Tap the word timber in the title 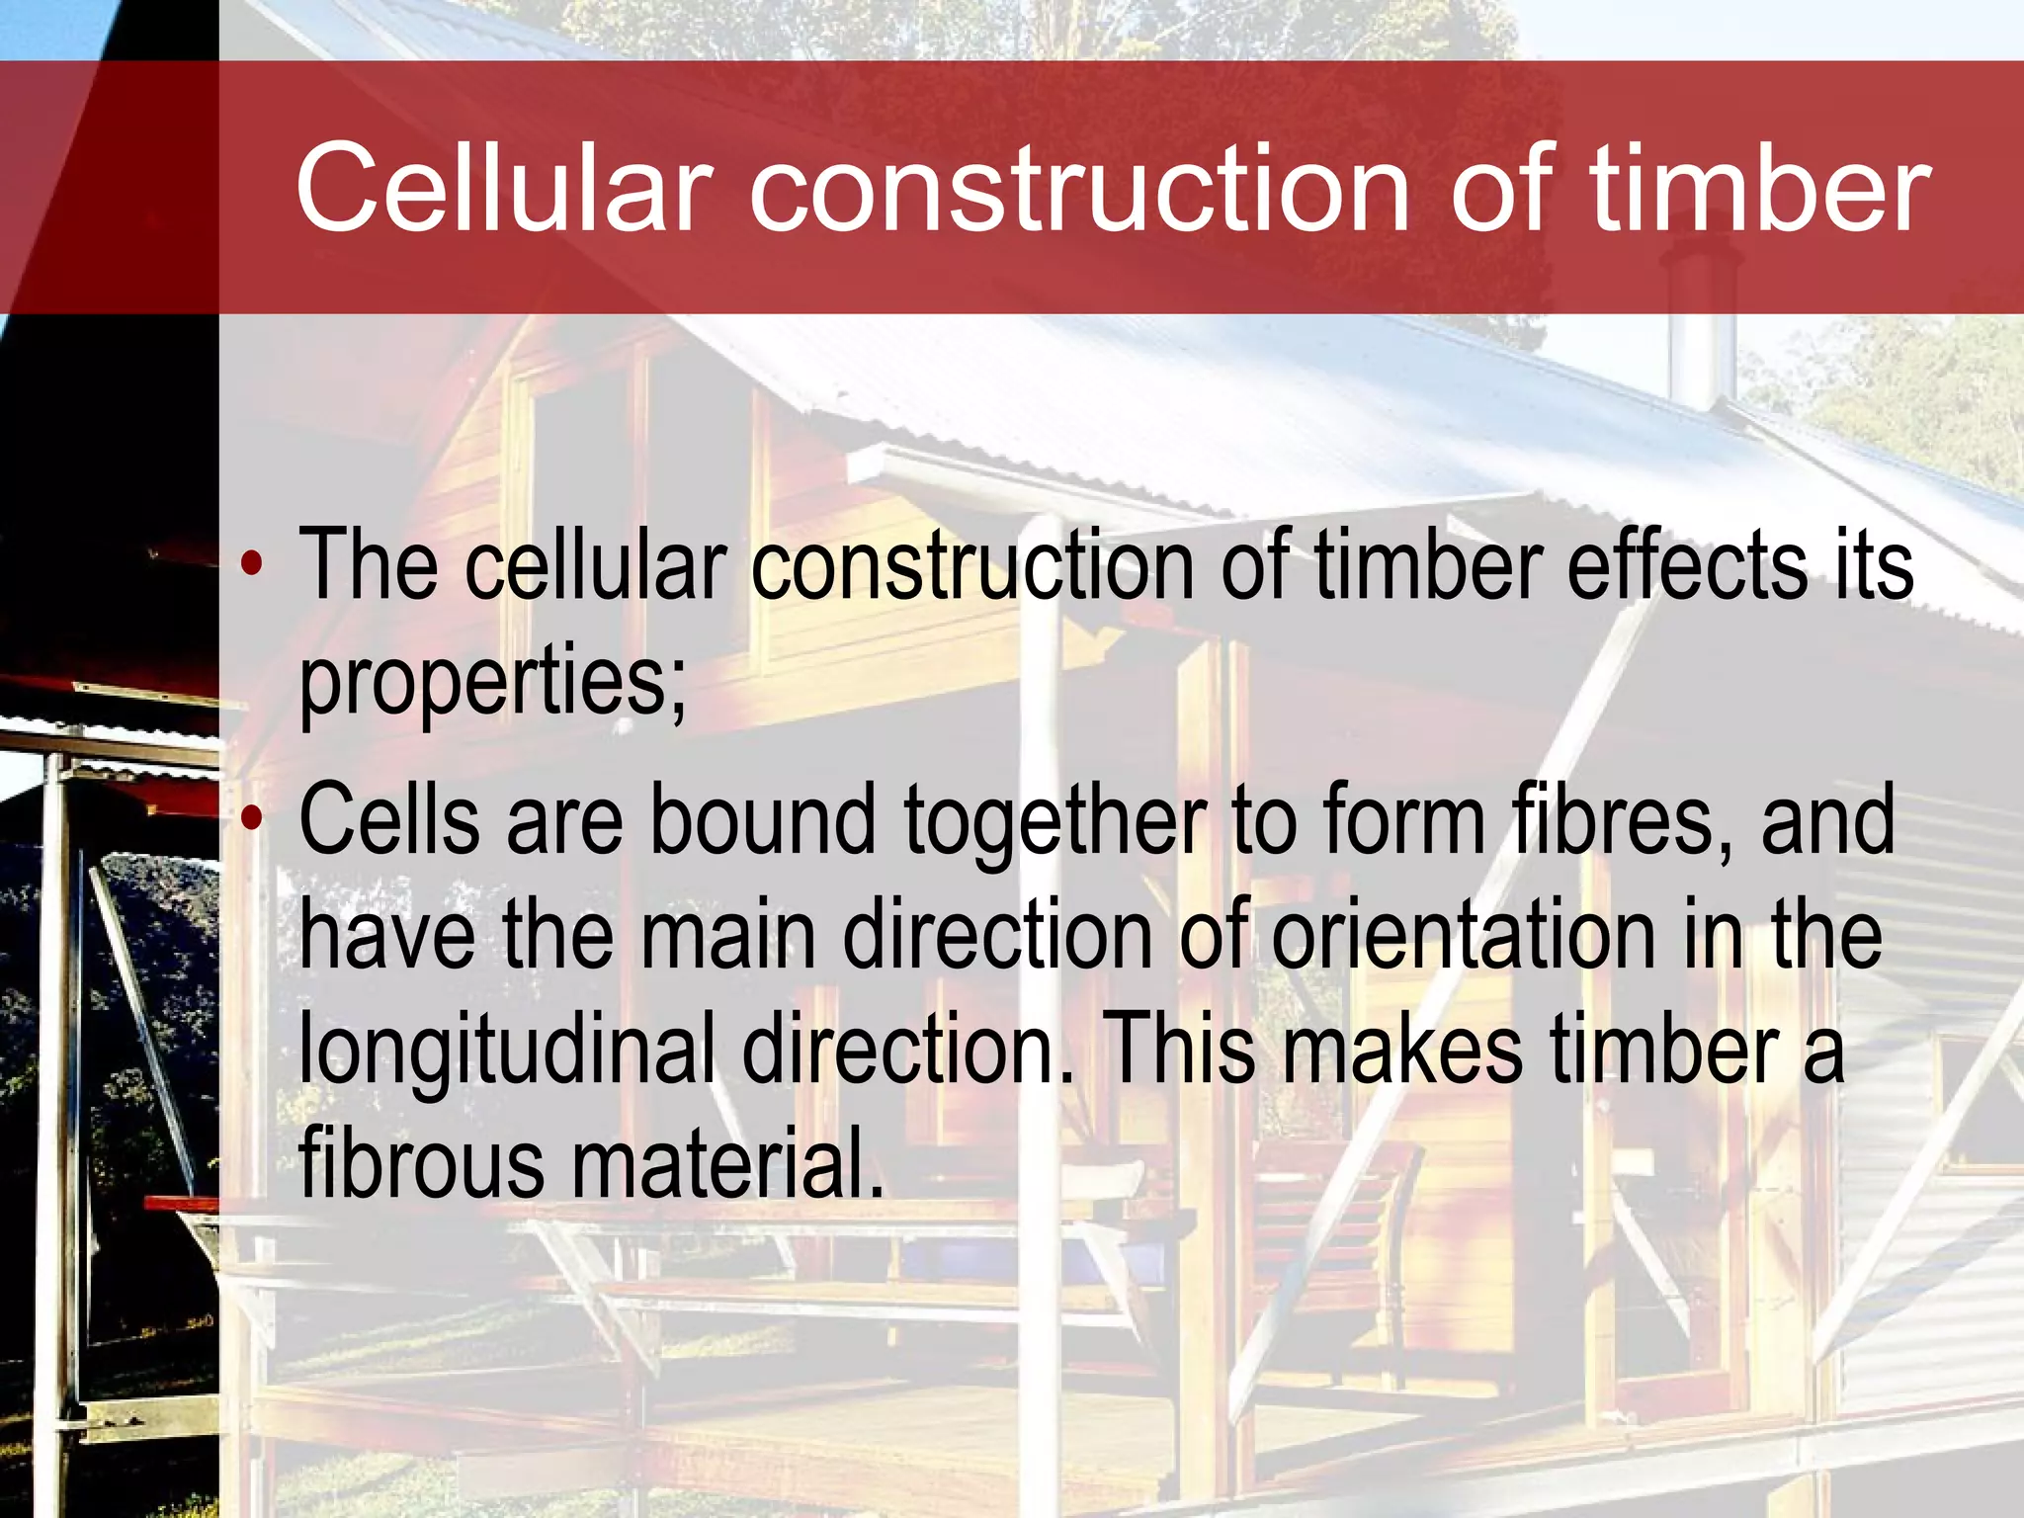(x=1759, y=188)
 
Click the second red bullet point (x=253, y=818)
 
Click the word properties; (x=492, y=684)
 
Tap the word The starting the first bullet (x=368, y=565)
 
